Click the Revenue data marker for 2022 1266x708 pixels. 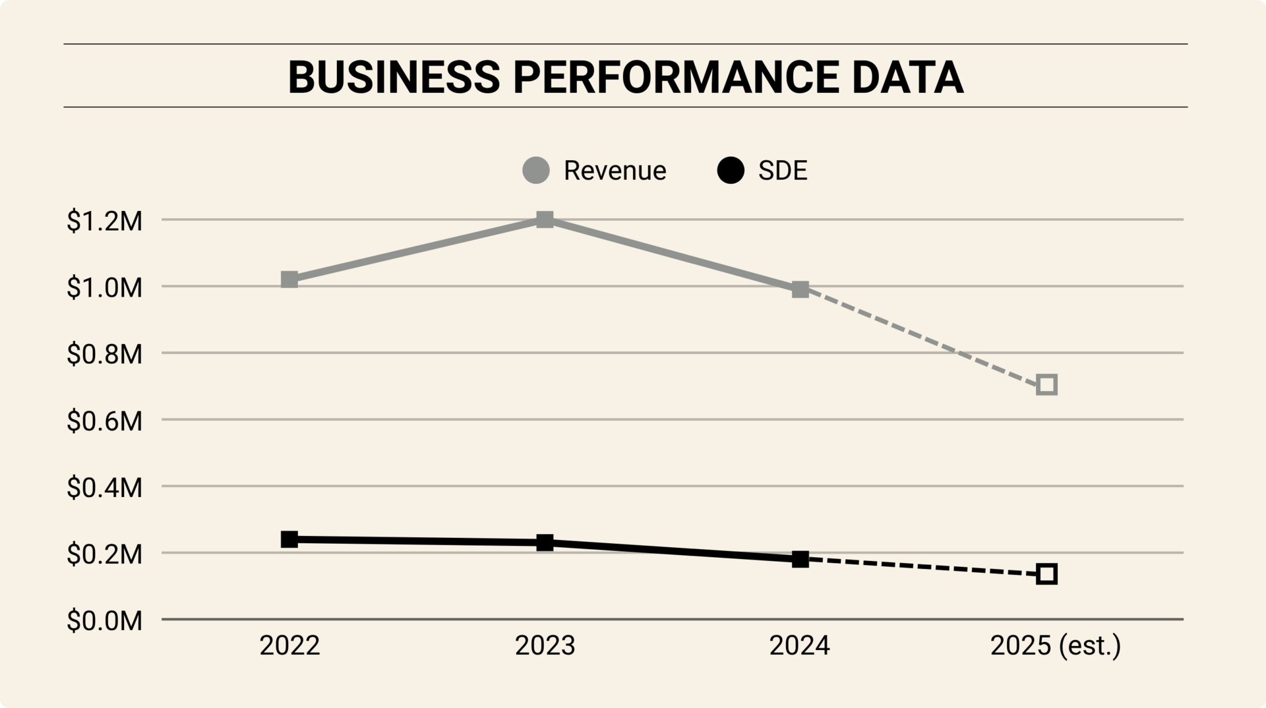pos(289,280)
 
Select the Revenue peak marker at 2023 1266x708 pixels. pos(545,220)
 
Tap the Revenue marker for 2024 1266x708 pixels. pos(800,289)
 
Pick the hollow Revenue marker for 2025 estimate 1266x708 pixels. pos(1046,385)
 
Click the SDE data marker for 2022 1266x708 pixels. pos(289,539)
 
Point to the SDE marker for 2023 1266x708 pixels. pos(545,543)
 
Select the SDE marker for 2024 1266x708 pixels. pos(800,560)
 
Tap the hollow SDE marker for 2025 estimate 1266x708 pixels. pos(1046,574)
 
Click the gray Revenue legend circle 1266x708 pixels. pos(536,171)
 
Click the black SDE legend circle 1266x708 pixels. pos(731,171)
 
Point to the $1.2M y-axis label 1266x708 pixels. pos(104,221)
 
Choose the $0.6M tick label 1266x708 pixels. pos(104,421)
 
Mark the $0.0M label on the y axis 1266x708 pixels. pos(104,621)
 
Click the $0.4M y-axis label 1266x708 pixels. pos(104,488)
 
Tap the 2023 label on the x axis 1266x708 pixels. pos(545,645)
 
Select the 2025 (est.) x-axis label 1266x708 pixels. pos(1055,645)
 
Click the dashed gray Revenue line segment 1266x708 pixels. pos(923,337)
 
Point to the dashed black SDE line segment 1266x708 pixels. pos(923,567)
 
